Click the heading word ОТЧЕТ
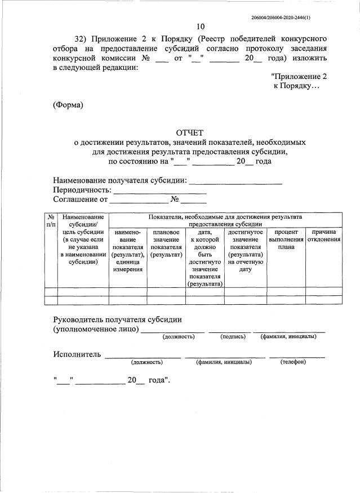pyautogui.click(x=190, y=132)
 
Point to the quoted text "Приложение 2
pyautogui.click(x=298, y=76)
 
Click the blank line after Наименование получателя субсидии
pyautogui.click(x=235, y=181)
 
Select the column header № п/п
pyautogui.click(x=50, y=220)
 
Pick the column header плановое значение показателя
pyautogui.click(x=166, y=243)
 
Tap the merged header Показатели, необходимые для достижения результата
pyautogui.click(x=225, y=220)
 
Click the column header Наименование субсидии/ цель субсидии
pyautogui.click(x=83, y=239)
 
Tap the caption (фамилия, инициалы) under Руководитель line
pyautogui.click(x=288, y=336)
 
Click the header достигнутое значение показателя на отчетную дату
pyautogui.click(x=245, y=250)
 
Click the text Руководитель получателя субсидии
pyautogui.click(x=117, y=319)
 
